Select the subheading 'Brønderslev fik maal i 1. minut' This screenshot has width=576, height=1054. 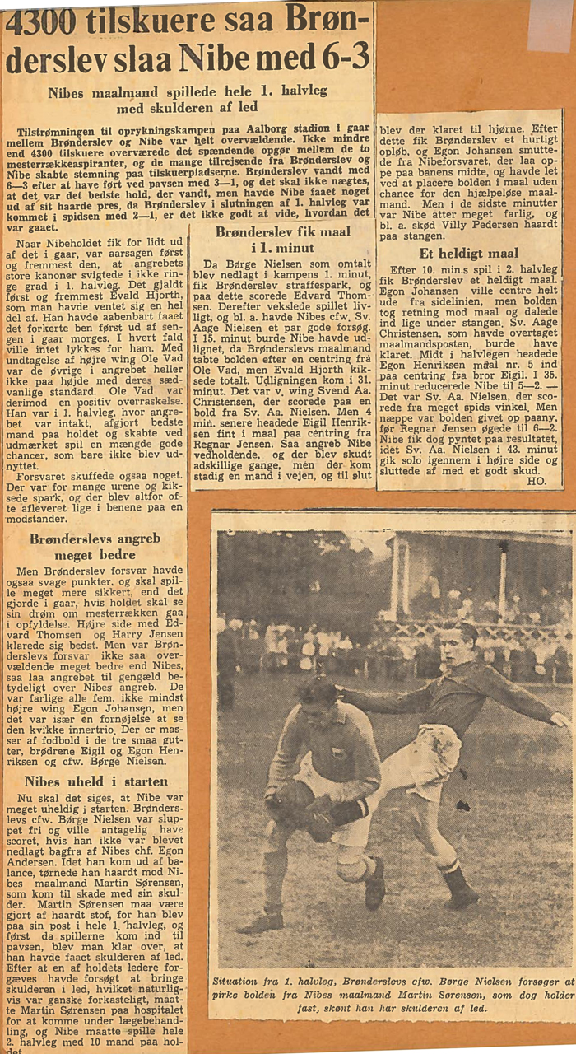(x=282, y=240)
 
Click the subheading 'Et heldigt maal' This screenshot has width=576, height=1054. (x=468, y=254)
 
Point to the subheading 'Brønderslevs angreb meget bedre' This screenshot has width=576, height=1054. (x=94, y=548)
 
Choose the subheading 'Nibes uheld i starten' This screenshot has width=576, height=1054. (x=94, y=781)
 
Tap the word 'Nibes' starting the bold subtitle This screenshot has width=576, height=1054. (x=65, y=93)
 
